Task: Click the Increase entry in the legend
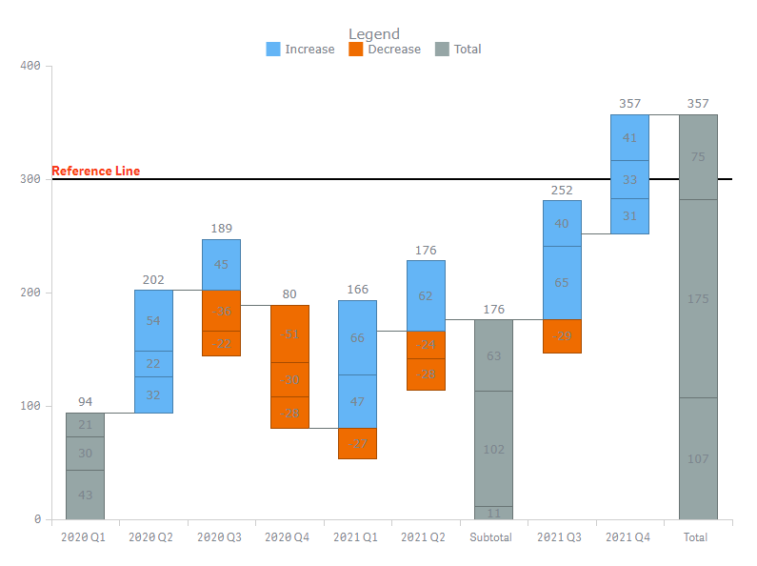[301, 50]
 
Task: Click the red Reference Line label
[95, 172]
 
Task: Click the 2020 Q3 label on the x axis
[221, 537]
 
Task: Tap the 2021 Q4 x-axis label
[629, 537]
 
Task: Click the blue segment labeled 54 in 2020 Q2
[153, 320]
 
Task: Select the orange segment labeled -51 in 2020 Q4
[289, 334]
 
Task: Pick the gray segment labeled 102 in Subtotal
[493, 449]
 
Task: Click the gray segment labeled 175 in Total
[698, 298]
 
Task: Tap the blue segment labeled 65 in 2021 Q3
[562, 283]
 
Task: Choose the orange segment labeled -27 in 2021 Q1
[357, 443]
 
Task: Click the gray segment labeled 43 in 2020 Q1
[85, 495]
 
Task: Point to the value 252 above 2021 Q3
[562, 191]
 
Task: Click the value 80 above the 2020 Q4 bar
[289, 295]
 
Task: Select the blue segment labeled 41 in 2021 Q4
[629, 137]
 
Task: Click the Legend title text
[374, 34]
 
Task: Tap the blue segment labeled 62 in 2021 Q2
[426, 295]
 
